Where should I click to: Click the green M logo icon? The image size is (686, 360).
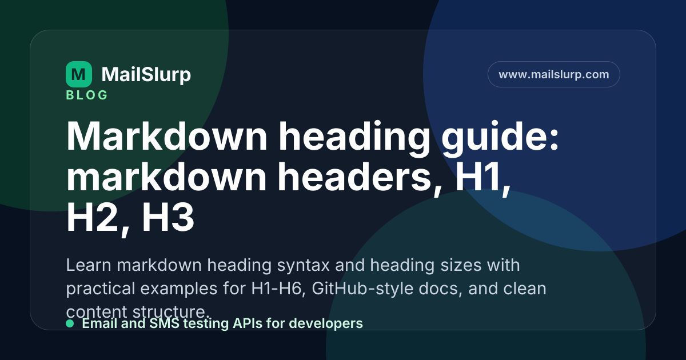(79, 74)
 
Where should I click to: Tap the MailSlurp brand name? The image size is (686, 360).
(146, 74)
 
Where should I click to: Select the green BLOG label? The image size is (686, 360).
(87, 95)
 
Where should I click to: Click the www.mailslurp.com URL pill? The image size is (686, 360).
(554, 74)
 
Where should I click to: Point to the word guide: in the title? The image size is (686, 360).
(500, 137)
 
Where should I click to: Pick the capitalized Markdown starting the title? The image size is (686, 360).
(166, 136)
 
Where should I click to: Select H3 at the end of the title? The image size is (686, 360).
(168, 218)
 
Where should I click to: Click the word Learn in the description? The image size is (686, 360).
(89, 265)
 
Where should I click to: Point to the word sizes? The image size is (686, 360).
(461, 265)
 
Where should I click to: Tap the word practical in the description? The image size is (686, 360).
(101, 289)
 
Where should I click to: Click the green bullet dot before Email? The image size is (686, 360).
(70, 323)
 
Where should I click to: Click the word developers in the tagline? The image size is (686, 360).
(326, 324)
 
